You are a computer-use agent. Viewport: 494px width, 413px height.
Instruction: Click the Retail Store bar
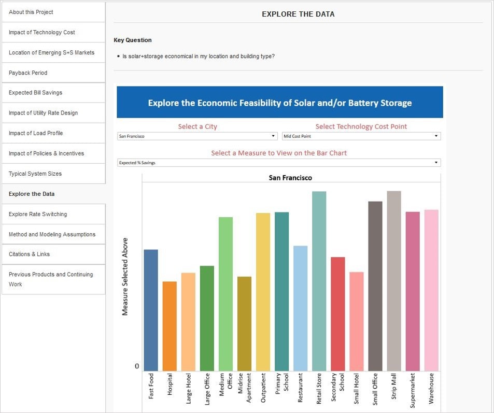coord(319,281)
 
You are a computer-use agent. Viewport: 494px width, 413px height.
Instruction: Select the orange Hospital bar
coord(170,326)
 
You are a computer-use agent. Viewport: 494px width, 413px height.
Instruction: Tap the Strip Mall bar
coord(394,281)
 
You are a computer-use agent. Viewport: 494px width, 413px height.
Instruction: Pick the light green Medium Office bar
coord(225,294)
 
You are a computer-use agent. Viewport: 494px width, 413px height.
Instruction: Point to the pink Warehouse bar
coord(431,290)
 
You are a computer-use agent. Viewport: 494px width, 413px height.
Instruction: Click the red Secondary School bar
coord(338,314)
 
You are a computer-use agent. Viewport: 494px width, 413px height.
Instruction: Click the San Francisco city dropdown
coord(197,136)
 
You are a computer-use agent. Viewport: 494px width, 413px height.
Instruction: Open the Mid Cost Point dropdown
coord(361,136)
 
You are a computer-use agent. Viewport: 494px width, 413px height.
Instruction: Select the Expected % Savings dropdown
coord(279,163)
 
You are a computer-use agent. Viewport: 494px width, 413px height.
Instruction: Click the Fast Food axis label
coord(151,386)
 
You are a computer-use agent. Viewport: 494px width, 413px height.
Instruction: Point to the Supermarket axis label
coord(413,390)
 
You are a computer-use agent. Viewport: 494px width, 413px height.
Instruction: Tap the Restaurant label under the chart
coord(301,388)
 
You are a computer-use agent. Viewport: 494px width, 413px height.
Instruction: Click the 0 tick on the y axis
coord(137,366)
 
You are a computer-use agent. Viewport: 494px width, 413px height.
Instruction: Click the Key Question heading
coord(133,40)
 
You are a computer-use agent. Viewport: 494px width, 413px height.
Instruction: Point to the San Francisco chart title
coord(290,178)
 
